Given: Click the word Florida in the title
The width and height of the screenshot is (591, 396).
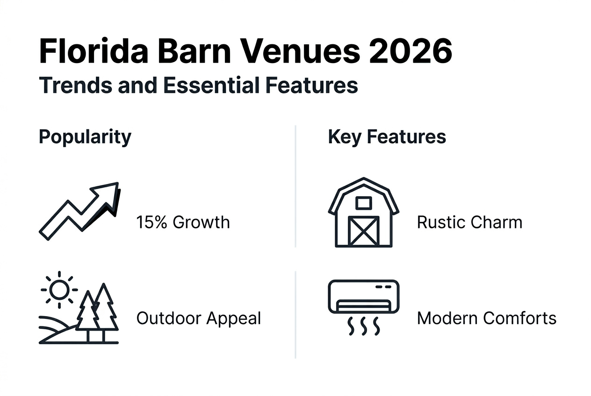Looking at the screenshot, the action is [94, 51].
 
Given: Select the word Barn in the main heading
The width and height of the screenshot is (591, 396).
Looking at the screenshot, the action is [195, 51].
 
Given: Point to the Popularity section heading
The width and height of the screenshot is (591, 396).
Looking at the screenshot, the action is [85, 137].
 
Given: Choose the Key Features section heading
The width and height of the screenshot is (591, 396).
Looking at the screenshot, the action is [387, 137].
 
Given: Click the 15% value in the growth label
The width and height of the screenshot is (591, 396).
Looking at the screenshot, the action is [151, 222].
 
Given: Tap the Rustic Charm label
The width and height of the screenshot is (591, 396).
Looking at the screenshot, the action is [469, 222].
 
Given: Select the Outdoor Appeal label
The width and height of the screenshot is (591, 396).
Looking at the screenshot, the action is [199, 318].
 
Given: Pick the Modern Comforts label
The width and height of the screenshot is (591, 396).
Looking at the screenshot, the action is [487, 318].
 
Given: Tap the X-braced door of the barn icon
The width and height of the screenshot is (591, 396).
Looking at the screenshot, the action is [364, 231].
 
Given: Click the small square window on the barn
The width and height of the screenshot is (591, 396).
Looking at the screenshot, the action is [364, 203].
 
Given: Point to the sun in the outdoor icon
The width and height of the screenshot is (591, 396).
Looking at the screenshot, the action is [59, 290].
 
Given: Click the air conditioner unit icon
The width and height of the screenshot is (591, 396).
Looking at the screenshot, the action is [364, 297].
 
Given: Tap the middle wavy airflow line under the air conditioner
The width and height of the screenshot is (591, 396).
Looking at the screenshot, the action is [364, 326].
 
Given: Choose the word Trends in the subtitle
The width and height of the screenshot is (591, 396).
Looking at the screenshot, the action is [75, 85].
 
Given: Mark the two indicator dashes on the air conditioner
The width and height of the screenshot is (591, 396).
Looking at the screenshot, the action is [383, 287].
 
